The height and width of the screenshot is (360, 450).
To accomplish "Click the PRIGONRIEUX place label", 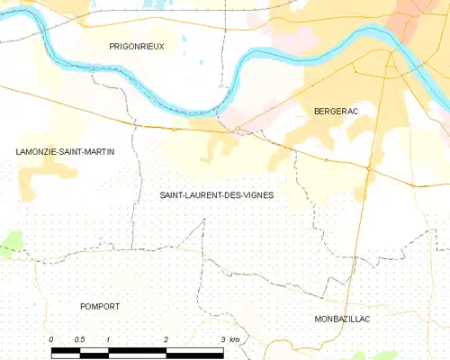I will [137, 46].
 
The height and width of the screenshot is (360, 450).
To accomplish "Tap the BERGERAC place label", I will [337, 111].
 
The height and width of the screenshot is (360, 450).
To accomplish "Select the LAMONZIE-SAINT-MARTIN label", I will [66, 151].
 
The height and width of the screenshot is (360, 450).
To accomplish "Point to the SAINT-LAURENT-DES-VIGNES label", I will [217, 194].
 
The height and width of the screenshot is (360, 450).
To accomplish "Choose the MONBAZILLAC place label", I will [343, 319].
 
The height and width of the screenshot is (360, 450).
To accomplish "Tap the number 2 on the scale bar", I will [166, 339].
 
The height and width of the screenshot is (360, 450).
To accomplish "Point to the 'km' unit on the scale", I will [234, 339].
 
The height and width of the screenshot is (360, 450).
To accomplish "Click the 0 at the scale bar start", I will [52, 339].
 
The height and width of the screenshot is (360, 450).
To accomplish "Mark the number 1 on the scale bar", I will [108, 339].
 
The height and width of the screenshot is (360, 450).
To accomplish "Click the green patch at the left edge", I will [10, 241].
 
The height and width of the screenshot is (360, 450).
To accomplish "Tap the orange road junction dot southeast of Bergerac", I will [369, 167].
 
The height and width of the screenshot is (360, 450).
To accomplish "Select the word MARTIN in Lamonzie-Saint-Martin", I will [99, 151].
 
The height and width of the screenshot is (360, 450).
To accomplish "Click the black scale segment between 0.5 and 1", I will [94, 349].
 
